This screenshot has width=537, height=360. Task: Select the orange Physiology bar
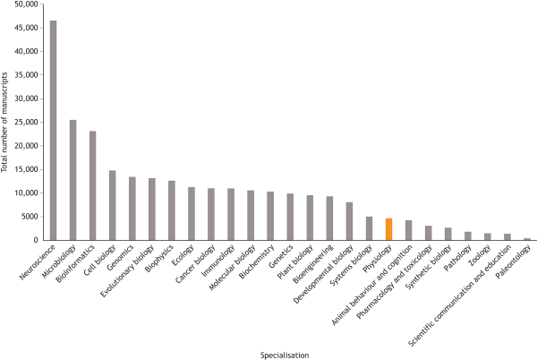pos(388,229)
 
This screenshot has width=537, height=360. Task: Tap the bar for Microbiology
pos(73,180)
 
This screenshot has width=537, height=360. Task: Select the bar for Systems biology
pos(369,228)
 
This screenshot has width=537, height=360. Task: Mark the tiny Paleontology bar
pos(526,239)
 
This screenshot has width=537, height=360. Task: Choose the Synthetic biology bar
pos(447,234)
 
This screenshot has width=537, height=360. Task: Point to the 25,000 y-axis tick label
pos(25,122)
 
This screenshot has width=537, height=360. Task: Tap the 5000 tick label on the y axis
pos(29,217)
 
